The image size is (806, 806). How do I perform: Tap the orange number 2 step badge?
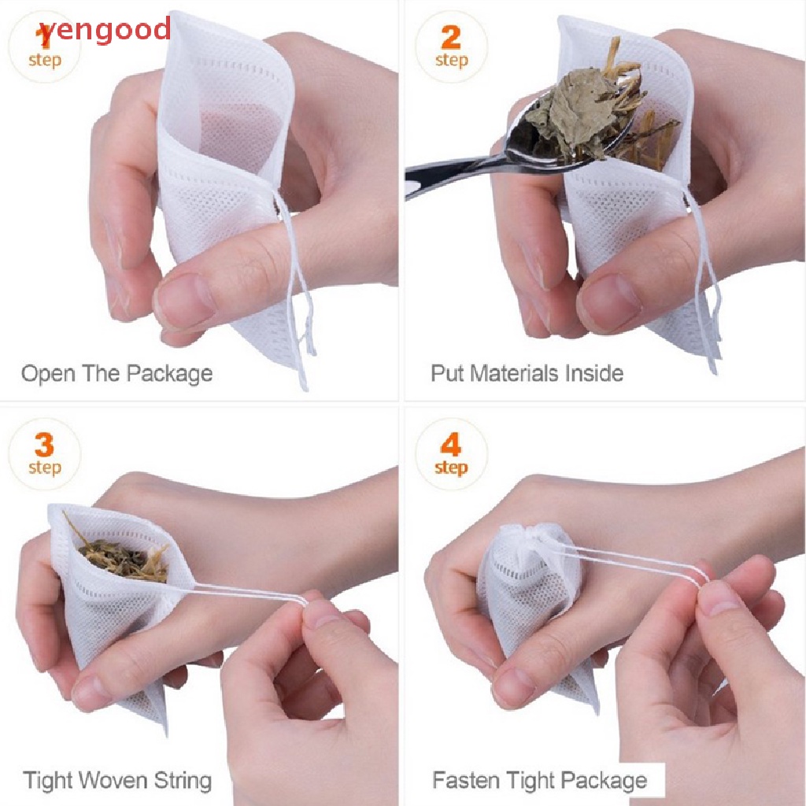tap(451, 46)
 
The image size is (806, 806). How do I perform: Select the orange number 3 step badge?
tap(45, 454)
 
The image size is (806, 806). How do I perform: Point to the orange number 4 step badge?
tap(451, 454)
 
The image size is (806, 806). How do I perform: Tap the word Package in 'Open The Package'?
tap(170, 374)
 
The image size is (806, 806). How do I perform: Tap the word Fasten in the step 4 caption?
tap(463, 780)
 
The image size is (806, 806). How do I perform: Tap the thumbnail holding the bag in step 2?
tap(608, 302)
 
